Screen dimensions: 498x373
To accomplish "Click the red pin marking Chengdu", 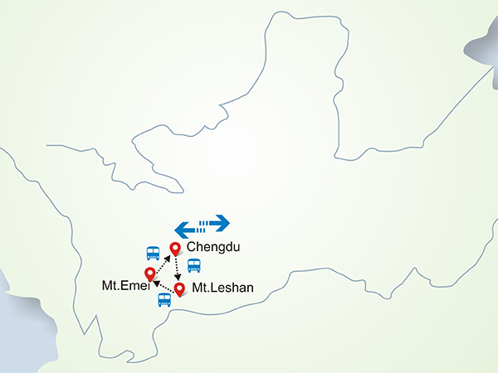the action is [x=174, y=248].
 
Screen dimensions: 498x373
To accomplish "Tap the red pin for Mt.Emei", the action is [x=149, y=274].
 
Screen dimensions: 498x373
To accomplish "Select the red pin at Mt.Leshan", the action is [x=178, y=288].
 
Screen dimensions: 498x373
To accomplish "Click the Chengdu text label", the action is [x=213, y=247].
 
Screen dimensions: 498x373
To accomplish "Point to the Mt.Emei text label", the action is [x=120, y=286].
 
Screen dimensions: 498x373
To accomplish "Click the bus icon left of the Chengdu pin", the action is [x=153, y=252].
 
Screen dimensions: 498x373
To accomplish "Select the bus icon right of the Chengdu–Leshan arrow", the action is [x=193, y=265].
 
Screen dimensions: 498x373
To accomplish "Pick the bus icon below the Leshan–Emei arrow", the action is [x=164, y=299].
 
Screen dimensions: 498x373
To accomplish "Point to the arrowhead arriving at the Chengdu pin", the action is [x=168, y=259].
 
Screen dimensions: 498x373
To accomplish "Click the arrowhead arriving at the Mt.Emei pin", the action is [x=156, y=283].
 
